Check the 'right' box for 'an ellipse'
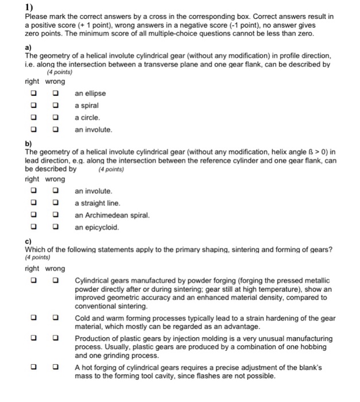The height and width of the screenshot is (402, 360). tap(34, 94)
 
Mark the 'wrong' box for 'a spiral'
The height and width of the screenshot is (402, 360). tap(56, 106)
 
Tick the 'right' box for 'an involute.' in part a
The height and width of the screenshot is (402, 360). tap(34, 130)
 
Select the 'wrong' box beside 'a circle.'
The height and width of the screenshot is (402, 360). tap(56, 118)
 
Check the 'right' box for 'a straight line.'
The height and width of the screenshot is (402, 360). tap(34, 203)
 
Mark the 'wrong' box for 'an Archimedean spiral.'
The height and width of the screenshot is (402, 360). tap(56, 215)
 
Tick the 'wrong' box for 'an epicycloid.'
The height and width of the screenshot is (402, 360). tap(56, 227)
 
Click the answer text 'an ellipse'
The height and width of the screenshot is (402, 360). tap(90, 94)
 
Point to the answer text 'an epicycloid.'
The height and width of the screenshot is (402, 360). tap(97, 227)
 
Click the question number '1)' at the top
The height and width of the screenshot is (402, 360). tap(29, 8)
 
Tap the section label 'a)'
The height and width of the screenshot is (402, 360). tap(28, 48)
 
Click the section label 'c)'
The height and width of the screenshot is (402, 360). tap(28, 241)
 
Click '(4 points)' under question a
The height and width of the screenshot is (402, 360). tap(59, 73)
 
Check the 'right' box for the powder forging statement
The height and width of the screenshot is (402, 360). tap(34, 280)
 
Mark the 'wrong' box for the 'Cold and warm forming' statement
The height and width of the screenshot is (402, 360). tap(56, 317)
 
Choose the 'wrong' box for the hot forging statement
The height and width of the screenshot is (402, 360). tap(56, 366)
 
